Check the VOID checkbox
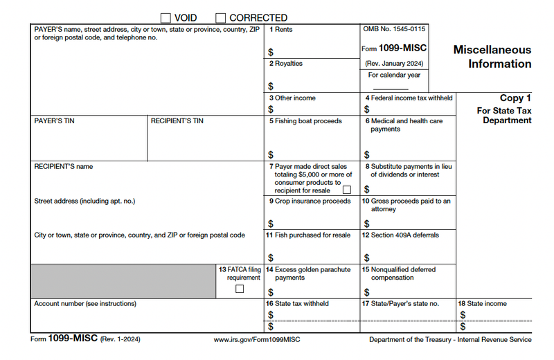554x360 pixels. (x=166, y=17)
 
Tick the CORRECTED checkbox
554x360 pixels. (x=220, y=17)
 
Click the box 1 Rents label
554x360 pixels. (x=280, y=30)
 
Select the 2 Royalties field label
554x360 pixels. (x=286, y=64)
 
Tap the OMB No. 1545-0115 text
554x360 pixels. (x=394, y=30)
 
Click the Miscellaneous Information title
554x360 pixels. (x=492, y=57)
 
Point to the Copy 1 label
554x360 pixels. (x=515, y=98)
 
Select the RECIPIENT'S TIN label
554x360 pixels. (x=177, y=121)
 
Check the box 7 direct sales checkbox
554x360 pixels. (x=347, y=190)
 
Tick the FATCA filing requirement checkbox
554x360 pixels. (x=240, y=289)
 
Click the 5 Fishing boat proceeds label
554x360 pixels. (x=305, y=121)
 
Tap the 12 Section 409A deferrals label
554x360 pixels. (x=400, y=235)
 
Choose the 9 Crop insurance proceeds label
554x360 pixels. (x=310, y=201)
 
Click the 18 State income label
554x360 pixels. (x=482, y=304)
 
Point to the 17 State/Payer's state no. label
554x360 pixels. (x=400, y=304)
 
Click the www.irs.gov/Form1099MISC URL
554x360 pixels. (x=258, y=340)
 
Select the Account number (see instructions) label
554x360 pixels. (x=85, y=304)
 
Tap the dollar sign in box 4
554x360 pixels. (x=367, y=109)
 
